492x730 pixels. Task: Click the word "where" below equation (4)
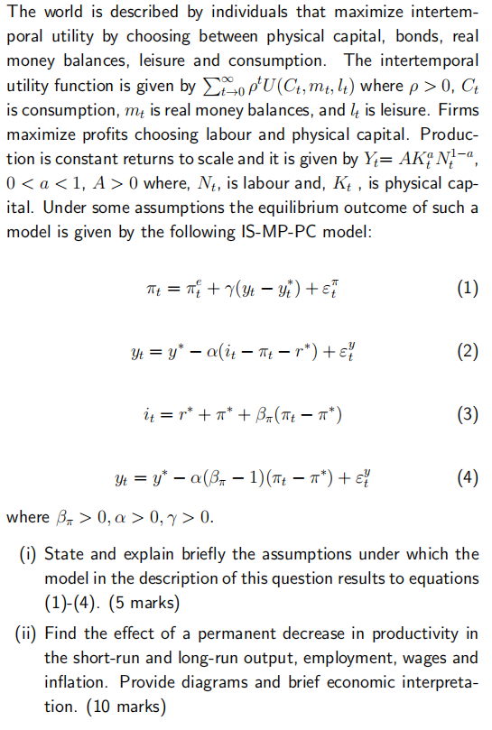(x=27, y=518)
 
